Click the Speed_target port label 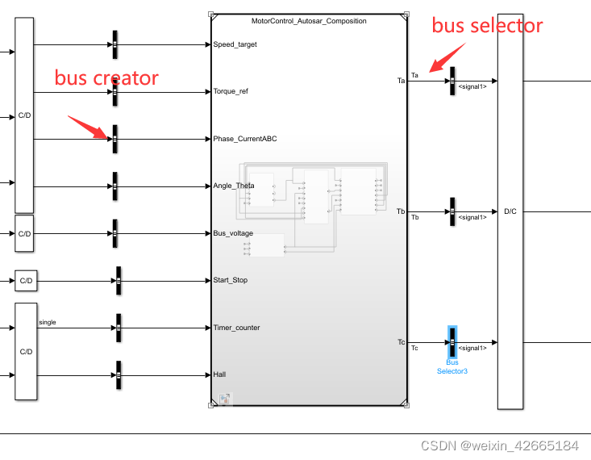[235, 44]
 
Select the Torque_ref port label [231, 91]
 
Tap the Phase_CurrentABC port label [244, 139]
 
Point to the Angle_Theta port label [234, 186]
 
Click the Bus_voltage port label [233, 233]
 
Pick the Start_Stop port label [230, 280]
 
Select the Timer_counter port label [236, 328]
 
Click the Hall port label [221, 374]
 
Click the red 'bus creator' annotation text [106, 78]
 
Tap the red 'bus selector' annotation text [487, 25]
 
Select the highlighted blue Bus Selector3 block [452, 342]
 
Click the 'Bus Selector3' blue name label [452, 366]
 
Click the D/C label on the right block [510, 211]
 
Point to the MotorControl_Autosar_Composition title [309, 21]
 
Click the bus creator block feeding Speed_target [114, 44]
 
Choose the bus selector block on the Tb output [452, 211]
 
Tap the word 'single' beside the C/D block [48, 322]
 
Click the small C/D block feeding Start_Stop [26, 281]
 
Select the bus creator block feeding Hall [118, 374]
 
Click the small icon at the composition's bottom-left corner [225, 399]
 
